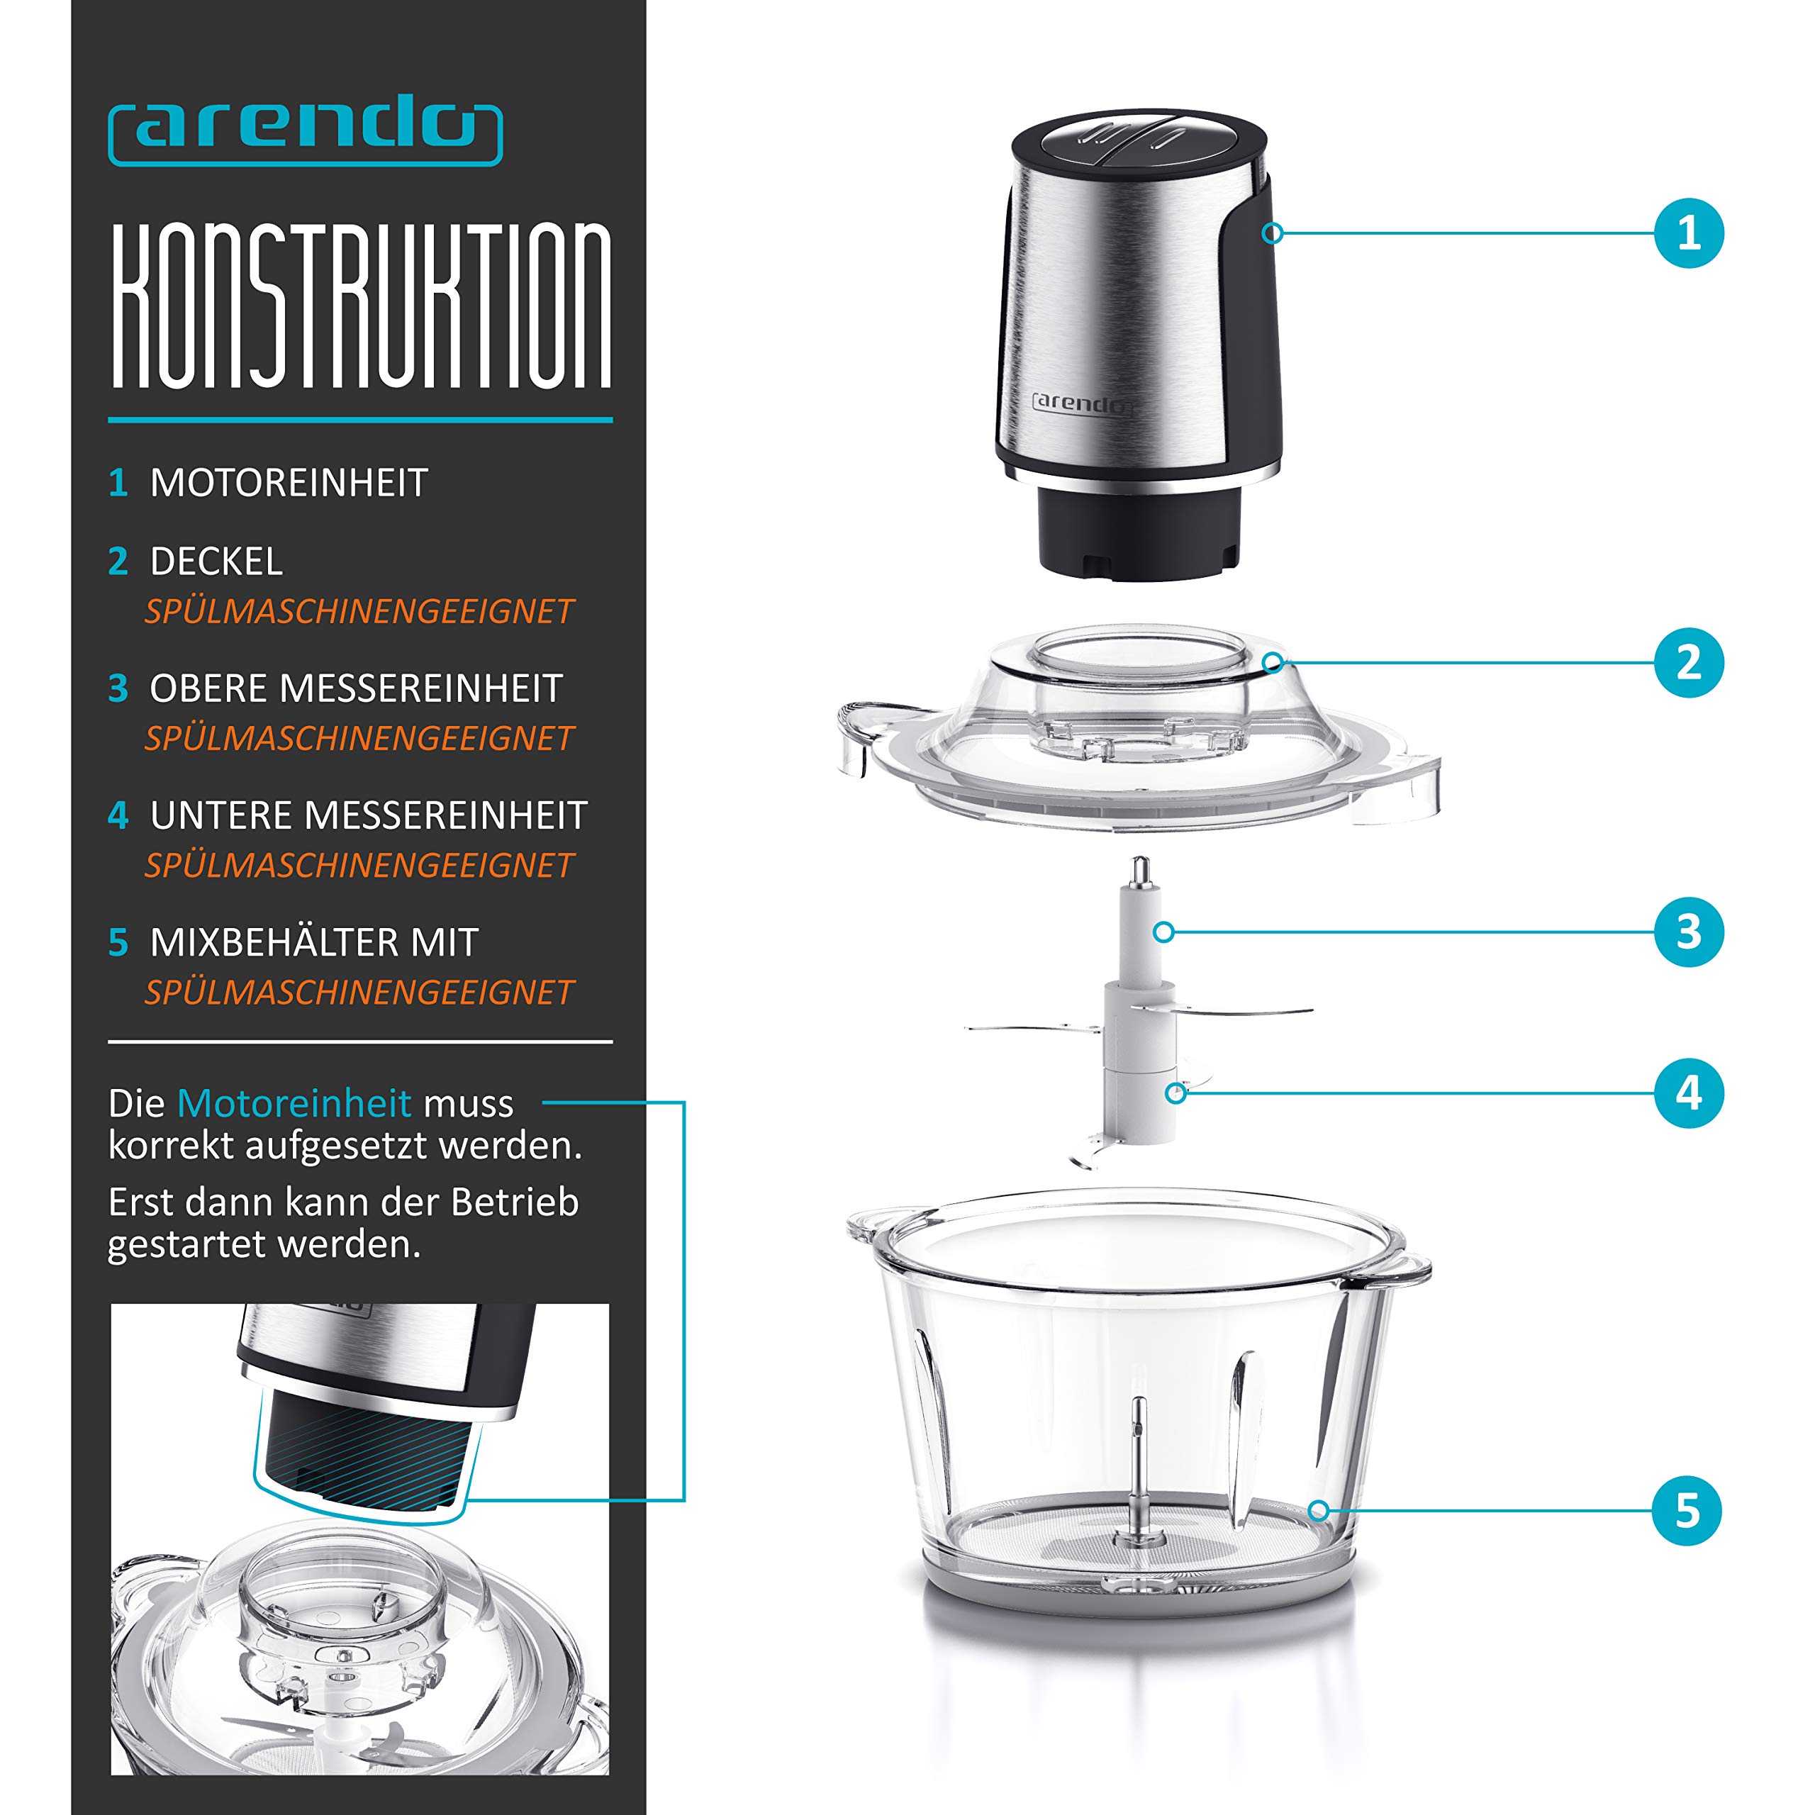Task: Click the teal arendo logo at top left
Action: tap(306, 133)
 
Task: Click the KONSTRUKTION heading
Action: tap(361, 306)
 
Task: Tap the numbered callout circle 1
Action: tap(1688, 233)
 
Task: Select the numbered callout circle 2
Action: tap(1688, 662)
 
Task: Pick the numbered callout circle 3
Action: tap(1688, 932)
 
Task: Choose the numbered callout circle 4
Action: tap(1688, 1093)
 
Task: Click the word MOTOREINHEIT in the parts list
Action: tap(289, 483)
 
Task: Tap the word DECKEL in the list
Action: tap(216, 562)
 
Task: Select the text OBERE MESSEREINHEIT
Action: tap(356, 688)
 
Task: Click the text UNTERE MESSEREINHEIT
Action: tap(368, 815)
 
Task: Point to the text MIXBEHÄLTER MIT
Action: tap(315, 942)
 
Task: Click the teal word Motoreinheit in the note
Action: tap(294, 1103)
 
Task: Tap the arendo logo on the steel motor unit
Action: tap(1082, 403)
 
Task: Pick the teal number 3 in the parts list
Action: tap(118, 688)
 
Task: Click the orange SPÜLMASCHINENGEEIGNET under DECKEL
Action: tap(359, 612)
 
